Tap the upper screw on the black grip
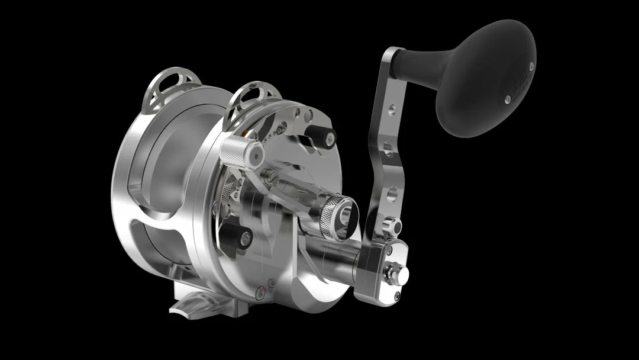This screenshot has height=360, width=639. click(x=531, y=66)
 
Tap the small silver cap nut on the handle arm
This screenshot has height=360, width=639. click(x=391, y=226)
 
